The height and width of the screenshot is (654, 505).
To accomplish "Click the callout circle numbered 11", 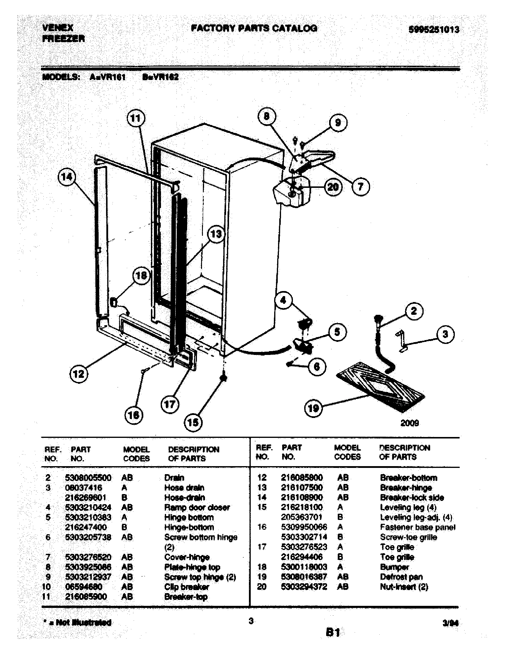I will coord(136,119).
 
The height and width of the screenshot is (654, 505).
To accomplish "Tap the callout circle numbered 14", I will coord(67,177).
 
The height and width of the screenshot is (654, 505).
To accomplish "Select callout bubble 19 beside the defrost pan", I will coord(313,408).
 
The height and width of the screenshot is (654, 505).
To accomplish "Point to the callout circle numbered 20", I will coord(333,187).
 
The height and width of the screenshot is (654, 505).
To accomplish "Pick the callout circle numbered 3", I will coord(445,334).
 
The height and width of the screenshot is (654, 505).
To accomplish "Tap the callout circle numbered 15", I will coord(193,422).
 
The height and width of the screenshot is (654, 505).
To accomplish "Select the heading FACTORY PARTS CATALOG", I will coord(254,29).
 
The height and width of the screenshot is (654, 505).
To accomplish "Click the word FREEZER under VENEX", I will coord(64,39).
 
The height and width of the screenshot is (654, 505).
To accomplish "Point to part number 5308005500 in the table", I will coord(88,478).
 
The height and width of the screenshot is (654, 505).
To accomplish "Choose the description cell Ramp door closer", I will coord(197,507).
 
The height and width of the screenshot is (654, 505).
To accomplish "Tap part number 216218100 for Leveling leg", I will coord(302,507).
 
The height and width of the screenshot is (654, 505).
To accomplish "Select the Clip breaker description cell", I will coord(186,587).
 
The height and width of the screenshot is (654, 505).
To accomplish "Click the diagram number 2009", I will coord(410,423).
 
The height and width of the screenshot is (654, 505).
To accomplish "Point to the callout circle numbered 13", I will coord(216,234).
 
